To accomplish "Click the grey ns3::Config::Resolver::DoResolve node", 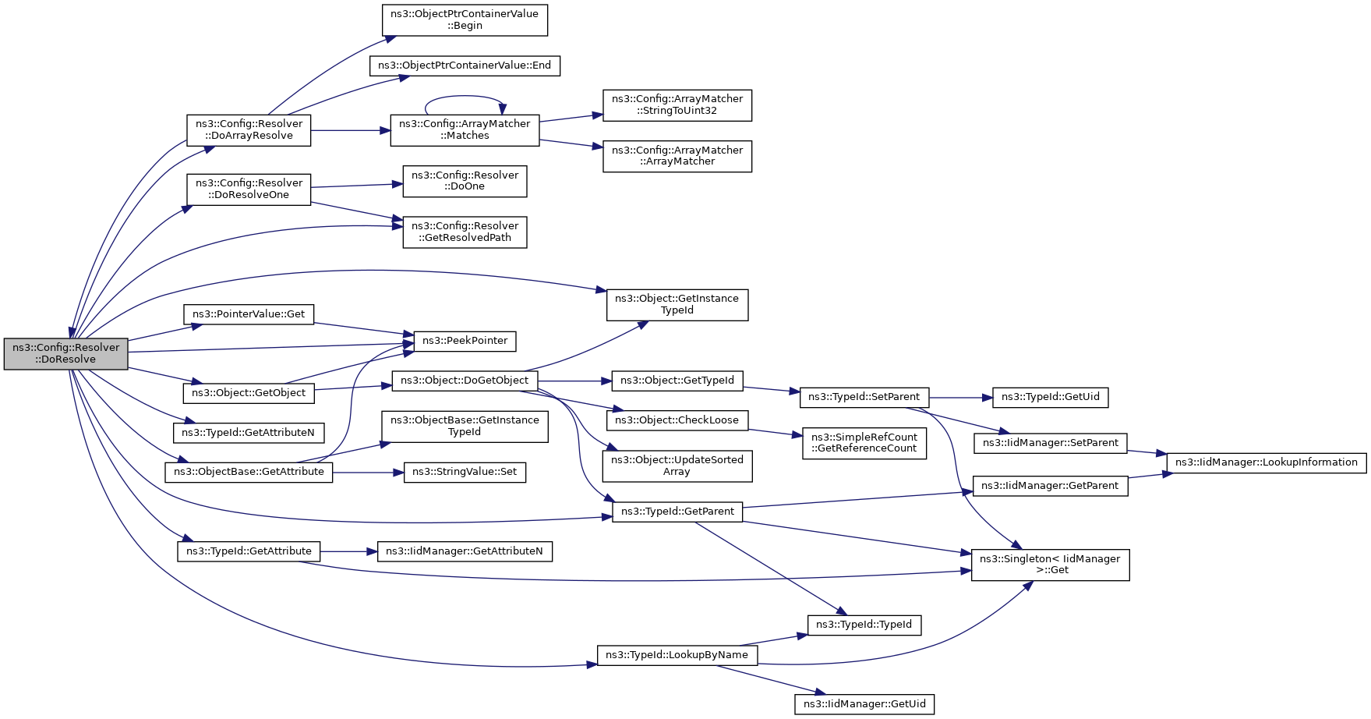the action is pos(65,353).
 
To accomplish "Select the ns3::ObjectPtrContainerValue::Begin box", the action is pos(465,19).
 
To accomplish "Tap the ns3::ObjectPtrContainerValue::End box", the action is pos(465,66).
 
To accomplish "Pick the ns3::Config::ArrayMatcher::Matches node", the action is pos(465,129).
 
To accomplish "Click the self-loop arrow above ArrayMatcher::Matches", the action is pos(465,97).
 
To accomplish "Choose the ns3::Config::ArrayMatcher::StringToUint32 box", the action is pos(677,104).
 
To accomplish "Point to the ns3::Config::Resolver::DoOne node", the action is pos(465,181).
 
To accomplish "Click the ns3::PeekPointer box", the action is pos(465,341).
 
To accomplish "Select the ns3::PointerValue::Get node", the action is pos(249,314).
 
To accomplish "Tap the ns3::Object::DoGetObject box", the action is pos(465,381).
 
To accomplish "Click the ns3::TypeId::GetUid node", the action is pos(1050,397).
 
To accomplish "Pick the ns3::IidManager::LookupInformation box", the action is pos(1267,462).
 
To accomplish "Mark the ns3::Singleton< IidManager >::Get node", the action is pos(1050,565).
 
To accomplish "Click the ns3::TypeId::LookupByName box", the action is pos(677,655).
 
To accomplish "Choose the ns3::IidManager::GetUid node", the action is pos(864,704).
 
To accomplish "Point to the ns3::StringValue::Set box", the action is pos(465,472).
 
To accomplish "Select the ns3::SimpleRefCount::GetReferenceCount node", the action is pos(864,443).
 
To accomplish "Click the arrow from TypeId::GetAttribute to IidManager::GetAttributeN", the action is pos(348,551).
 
